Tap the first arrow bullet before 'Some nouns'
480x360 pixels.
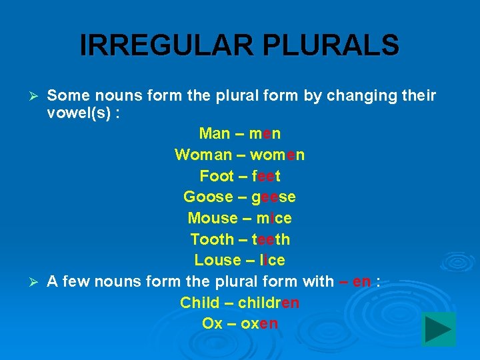pos(37,97)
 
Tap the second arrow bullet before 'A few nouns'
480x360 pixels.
pos(37,282)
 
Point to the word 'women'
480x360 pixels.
pos(277,155)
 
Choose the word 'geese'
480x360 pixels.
pos(273,197)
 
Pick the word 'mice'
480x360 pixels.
pos(274,219)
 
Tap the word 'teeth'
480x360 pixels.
pos(271,239)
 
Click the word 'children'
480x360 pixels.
pos(268,303)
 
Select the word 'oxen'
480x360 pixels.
pos(259,324)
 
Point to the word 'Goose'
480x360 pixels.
pos(209,197)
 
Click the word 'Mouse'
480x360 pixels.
pos(213,219)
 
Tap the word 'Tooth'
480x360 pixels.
pos(212,239)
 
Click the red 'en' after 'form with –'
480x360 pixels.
pos(362,282)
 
